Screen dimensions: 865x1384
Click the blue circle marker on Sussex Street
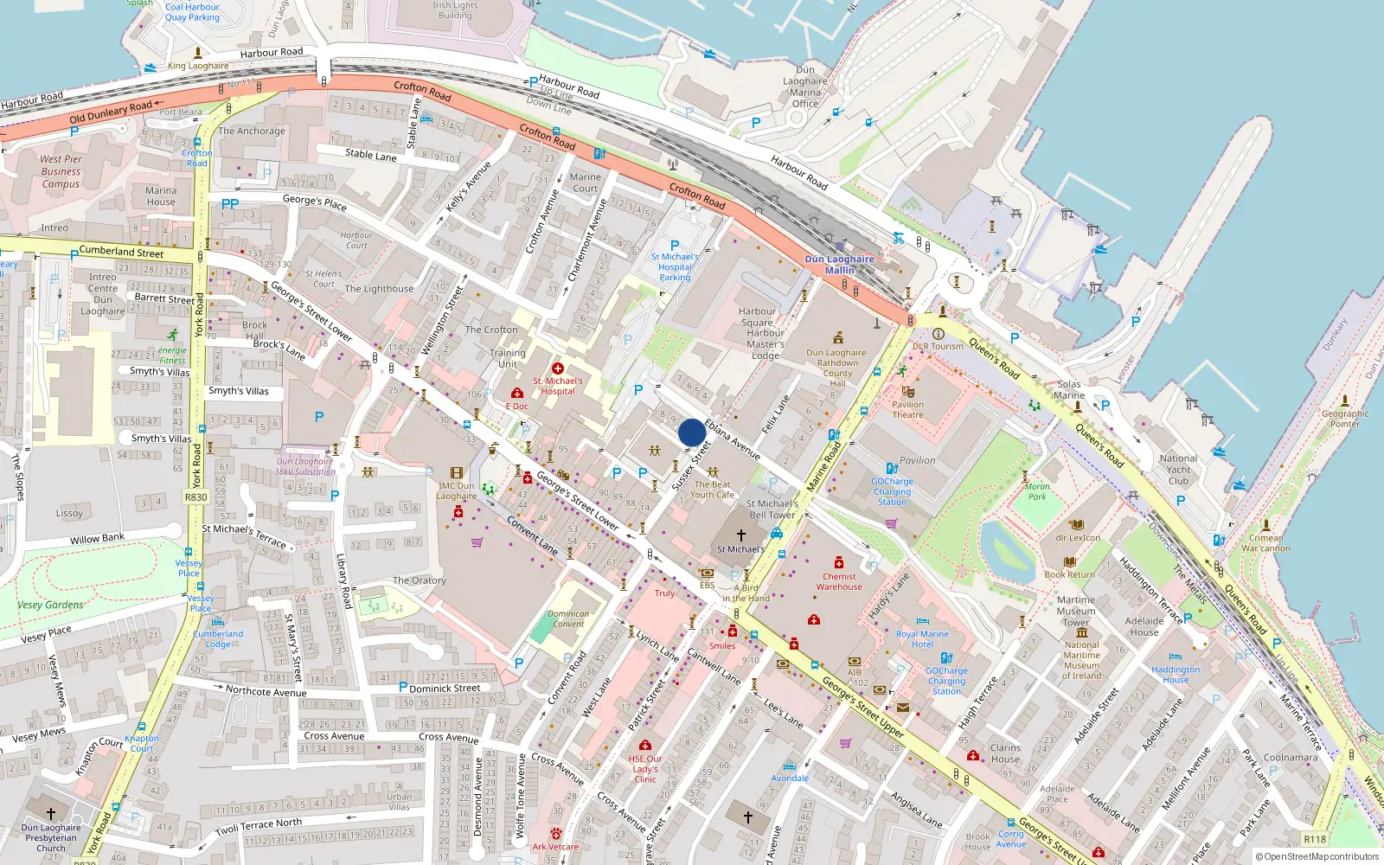pos(691,432)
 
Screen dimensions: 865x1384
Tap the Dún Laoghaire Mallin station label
pos(839,265)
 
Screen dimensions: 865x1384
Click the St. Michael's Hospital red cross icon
pos(558,368)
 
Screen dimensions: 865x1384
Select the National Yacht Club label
pos(1178,470)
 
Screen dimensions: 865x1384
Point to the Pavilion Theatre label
pos(907,409)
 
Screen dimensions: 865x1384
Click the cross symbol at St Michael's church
pos(740,535)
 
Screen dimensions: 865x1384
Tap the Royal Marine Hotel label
pos(922,639)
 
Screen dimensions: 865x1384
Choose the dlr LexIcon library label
pos(1078,538)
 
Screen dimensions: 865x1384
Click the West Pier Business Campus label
pos(61,171)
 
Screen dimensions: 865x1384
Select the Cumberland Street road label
pos(121,253)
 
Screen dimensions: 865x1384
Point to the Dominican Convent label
pos(568,618)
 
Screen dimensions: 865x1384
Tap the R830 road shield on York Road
pos(196,497)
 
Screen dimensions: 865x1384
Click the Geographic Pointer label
pos(1345,419)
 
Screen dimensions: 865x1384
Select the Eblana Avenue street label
pos(732,439)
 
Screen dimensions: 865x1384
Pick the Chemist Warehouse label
pos(839,581)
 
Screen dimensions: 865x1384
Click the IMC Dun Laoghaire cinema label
pos(456,490)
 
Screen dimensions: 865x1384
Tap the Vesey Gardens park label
pos(50,605)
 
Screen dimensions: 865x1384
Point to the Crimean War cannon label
pos(1265,542)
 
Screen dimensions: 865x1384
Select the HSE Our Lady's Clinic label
pos(645,769)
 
